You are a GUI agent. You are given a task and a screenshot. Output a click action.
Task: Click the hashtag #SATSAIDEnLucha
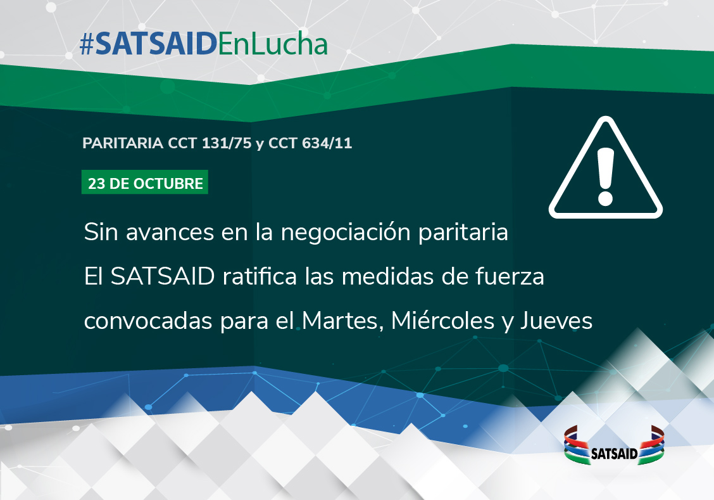point(204,44)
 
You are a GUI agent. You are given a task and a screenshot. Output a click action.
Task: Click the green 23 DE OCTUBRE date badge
point(145,183)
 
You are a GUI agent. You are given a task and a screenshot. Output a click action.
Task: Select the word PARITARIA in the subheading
point(123,143)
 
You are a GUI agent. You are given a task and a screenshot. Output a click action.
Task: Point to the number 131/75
point(227,143)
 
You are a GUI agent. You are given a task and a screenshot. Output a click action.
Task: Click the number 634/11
point(327,143)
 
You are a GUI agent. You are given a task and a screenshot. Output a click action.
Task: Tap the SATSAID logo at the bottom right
point(614,446)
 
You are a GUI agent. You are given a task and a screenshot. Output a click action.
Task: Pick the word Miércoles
point(442,321)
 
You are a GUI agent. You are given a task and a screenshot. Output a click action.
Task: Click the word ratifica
point(260,277)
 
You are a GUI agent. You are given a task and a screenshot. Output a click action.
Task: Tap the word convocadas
point(149,321)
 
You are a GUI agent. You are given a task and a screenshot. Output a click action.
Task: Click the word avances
point(170,233)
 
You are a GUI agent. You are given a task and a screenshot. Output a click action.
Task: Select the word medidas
point(387,277)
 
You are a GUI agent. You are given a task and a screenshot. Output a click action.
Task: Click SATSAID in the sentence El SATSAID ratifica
point(163,277)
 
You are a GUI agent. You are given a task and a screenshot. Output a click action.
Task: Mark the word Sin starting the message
point(101,233)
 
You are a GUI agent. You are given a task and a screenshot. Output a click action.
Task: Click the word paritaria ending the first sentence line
point(463,233)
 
